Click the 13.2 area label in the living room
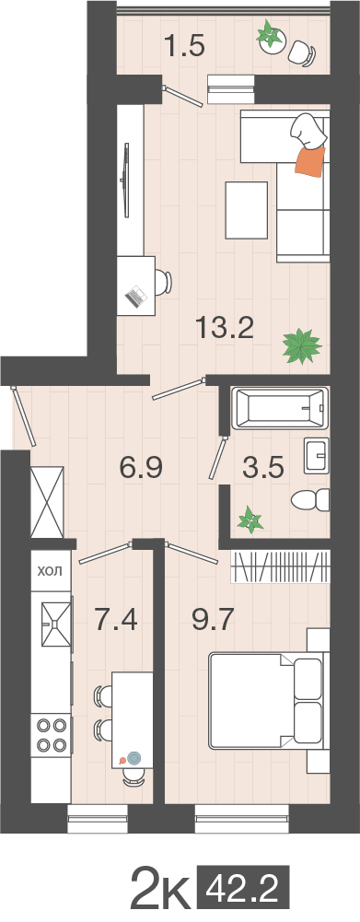[x=225, y=328]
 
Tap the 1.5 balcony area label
[x=184, y=46]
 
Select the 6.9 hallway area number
[x=140, y=469]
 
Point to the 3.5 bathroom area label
[x=263, y=469]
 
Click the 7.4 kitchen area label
[x=116, y=619]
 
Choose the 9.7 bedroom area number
[x=213, y=619]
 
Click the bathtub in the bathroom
[x=280, y=408]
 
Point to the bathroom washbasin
[x=317, y=454]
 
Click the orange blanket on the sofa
[x=310, y=160]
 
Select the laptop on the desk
[x=136, y=296]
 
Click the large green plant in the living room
[x=302, y=345]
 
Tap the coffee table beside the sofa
[x=247, y=210]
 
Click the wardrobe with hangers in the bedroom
[x=279, y=566]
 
